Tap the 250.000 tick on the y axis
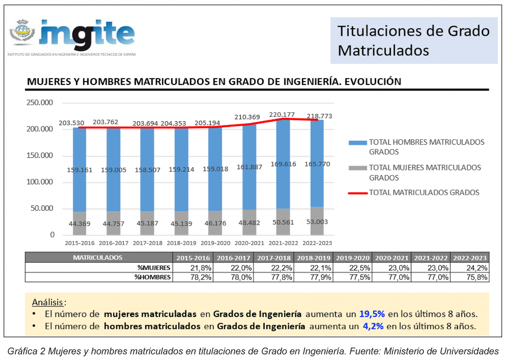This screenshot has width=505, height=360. pyautogui.click(x=39, y=103)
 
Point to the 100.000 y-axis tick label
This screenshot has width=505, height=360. pyautogui.click(x=39, y=182)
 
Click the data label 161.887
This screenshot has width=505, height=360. pyautogui.click(x=249, y=167)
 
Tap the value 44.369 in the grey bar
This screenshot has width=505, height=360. pyautogui.click(x=80, y=224)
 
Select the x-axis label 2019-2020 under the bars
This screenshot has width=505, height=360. pyautogui.click(x=215, y=243)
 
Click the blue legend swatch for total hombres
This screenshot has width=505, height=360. pyautogui.click(x=358, y=143)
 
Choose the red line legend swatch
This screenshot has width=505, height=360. pyautogui.click(x=358, y=193)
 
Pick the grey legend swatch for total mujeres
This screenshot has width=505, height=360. pyautogui.click(x=358, y=168)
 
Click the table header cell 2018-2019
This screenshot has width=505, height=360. pyautogui.click(x=313, y=258)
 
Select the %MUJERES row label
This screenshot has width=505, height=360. pyautogui.click(x=154, y=268)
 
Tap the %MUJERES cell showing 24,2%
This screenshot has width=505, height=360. pyautogui.click(x=477, y=268)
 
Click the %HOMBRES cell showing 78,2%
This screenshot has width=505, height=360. pyautogui.click(x=200, y=277)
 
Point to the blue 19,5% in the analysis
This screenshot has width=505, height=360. pyautogui.click(x=372, y=314)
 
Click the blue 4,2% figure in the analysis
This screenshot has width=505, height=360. pyautogui.click(x=373, y=326)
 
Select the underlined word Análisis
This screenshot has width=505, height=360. pyautogui.click(x=47, y=302)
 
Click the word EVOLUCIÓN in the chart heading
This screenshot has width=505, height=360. pyautogui.click(x=372, y=82)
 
